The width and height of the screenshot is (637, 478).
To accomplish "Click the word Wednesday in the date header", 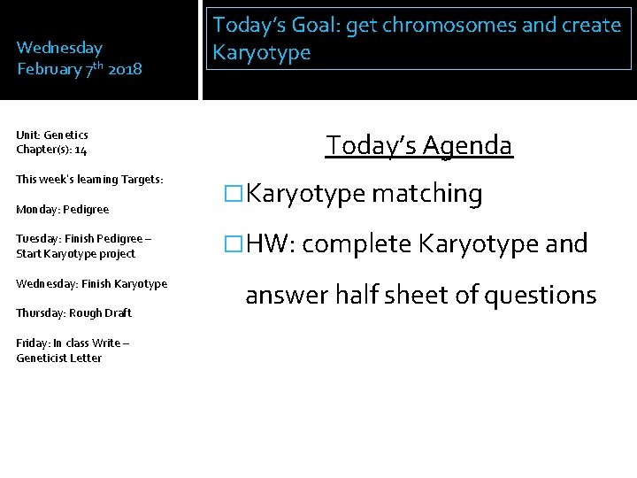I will pyautogui.click(x=59, y=48).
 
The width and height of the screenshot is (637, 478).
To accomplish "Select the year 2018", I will pyautogui.click(x=124, y=68).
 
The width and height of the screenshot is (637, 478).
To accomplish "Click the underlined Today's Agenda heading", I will pyautogui.click(x=418, y=144).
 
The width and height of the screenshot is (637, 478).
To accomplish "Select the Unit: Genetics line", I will pyautogui.click(x=52, y=135).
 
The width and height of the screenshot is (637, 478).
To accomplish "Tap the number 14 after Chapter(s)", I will pyautogui.click(x=81, y=150).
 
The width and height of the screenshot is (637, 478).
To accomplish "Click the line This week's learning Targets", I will pyautogui.click(x=89, y=179).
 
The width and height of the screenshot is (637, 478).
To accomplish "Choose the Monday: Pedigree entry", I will pyautogui.click(x=62, y=210).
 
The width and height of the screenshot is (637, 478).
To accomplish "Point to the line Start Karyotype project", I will pyautogui.click(x=75, y=254).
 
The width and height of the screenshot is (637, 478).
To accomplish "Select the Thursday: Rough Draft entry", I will pyautogui.click(x=73, y=312).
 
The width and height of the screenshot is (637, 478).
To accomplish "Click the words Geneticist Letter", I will pyautogui.click(x=58, y=358).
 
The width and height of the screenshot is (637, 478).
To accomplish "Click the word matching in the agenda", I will pyautogui.click(x=426, y=195).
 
